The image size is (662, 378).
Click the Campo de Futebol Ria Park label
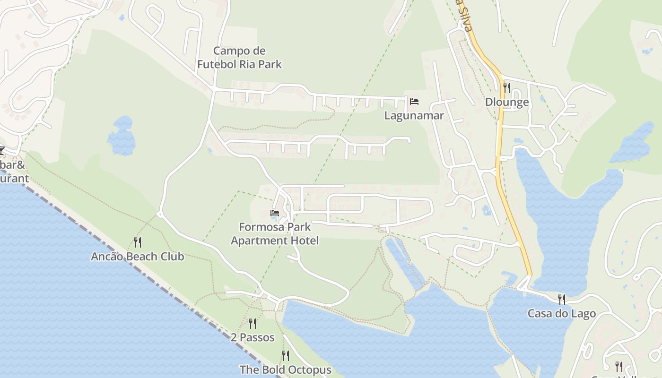coord(239,58)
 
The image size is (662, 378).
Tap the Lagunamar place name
coord(414,115)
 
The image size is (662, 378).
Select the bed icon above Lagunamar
coord(414,102)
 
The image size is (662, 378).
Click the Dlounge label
coord(507,102)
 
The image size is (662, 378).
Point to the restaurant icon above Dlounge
coord(507,87)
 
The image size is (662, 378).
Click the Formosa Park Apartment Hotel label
coord(275,233)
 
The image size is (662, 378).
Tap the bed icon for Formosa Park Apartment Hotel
coord(275,213)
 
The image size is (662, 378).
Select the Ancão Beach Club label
coord(137,257)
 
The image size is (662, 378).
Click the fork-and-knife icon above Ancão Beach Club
coord(137,242)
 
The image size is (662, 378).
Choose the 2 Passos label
coord(253,337)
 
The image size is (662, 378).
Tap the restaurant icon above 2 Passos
coord(253,323)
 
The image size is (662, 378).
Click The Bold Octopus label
coord(285,369)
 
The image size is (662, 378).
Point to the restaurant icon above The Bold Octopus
coord(285,355)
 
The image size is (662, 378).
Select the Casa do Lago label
coord(561,314)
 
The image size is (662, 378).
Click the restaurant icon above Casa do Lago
coord(561,299)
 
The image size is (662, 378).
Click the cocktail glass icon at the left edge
coord(1,151)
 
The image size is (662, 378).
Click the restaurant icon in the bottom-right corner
coord(618,366)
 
